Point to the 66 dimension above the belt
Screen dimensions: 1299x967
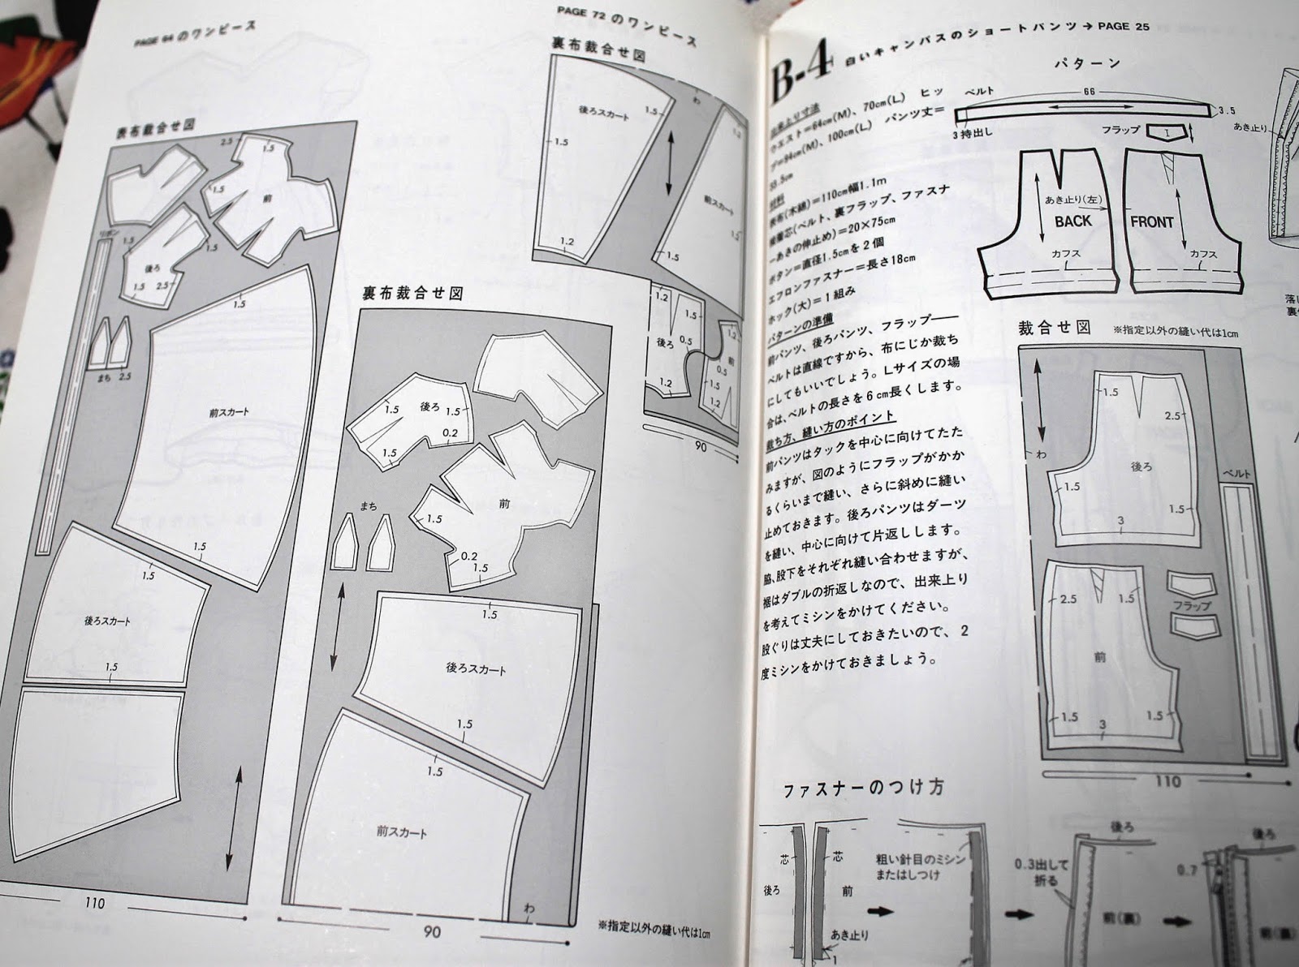click(1089, 92)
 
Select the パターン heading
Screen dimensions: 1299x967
click(1087, 62)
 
